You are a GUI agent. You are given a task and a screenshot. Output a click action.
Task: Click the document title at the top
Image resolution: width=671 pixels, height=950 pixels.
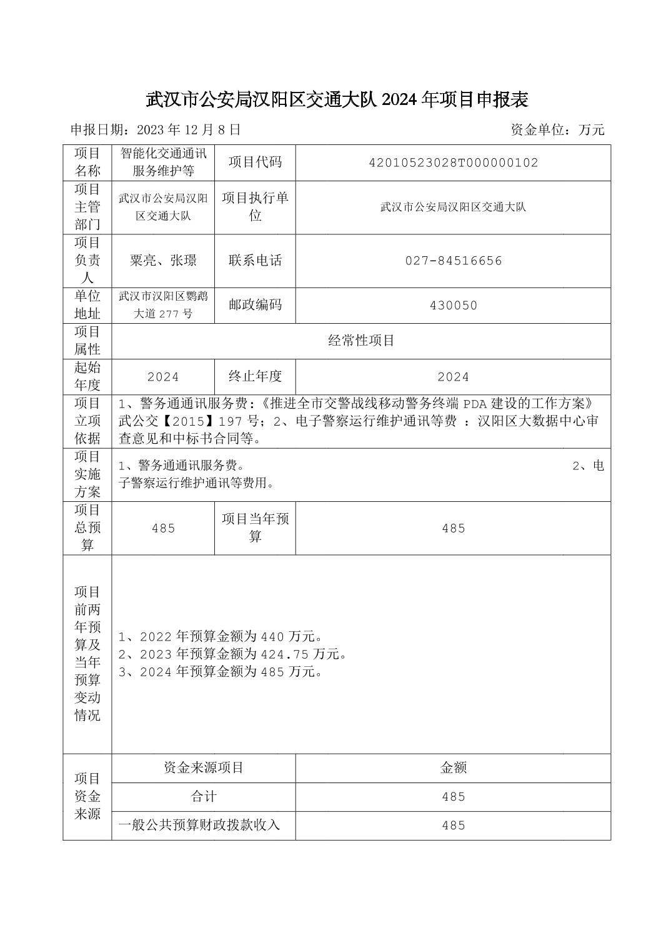337,99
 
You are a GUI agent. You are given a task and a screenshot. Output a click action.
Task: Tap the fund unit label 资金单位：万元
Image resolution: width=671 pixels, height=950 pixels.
557,130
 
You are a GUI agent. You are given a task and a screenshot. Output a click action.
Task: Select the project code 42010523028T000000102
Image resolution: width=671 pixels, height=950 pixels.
453,162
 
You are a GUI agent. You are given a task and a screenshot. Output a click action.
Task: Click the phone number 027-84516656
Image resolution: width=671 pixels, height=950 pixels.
453,261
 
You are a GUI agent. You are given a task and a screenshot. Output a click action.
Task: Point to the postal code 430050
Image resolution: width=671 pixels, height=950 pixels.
453,305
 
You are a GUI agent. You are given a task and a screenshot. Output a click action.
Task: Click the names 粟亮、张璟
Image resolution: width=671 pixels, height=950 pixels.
163,261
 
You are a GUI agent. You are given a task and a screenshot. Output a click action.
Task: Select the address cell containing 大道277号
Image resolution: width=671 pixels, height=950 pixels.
163,305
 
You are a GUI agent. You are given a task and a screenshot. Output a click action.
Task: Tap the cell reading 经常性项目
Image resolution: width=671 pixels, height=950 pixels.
361,341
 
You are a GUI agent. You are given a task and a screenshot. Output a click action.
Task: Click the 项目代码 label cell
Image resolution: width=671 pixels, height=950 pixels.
255,162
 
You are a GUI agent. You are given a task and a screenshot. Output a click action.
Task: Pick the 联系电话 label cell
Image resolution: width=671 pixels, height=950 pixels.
255,261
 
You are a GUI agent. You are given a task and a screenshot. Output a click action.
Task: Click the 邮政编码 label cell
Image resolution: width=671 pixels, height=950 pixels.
255,305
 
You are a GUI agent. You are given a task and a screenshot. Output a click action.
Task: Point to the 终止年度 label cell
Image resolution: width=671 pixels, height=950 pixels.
255,376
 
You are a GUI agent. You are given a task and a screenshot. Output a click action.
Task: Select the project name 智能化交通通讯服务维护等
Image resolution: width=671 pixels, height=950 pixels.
163,162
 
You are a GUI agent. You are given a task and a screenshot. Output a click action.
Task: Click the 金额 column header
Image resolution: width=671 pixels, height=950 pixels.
453,768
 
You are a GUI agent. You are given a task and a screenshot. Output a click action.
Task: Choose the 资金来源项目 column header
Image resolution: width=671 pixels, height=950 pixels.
204,768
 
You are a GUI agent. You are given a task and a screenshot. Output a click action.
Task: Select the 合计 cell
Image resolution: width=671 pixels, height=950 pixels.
204,797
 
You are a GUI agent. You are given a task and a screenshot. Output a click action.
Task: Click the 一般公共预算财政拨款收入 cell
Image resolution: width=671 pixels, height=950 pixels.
199,826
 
